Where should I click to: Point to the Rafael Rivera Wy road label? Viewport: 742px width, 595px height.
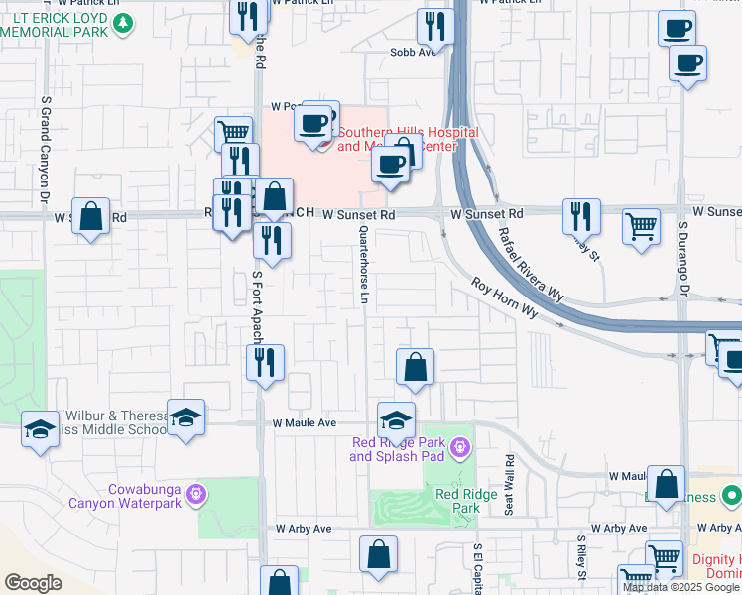(531, 262)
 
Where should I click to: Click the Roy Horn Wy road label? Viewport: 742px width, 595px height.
(504, 297)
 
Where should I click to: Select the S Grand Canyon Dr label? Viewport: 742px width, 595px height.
(45, 150)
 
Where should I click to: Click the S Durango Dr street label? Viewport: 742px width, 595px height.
(682, 259)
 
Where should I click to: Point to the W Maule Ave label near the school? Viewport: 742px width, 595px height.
(306, 423)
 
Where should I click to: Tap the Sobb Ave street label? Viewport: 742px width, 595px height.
(413, 53)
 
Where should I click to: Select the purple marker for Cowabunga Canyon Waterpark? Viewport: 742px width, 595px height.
(196, 492)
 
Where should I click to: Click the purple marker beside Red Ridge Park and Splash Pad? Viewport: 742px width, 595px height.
(458, 447)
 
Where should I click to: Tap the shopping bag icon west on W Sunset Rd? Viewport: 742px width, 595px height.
(90, 216)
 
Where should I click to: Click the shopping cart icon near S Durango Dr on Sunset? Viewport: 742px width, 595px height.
(641, 225)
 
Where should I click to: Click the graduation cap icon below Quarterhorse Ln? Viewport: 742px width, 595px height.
(396, 419)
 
